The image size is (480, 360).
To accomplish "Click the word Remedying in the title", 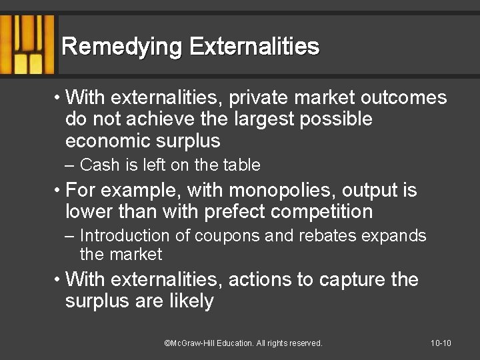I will pyautogui.click(x=122, y=47).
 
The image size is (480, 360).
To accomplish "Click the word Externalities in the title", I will pyautogui.click(x=255, y=47).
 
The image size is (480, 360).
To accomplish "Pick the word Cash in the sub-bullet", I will pyautogui.click(x=99, y=165).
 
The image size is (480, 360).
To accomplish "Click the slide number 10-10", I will pyautogui.click(x=441, y=343).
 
